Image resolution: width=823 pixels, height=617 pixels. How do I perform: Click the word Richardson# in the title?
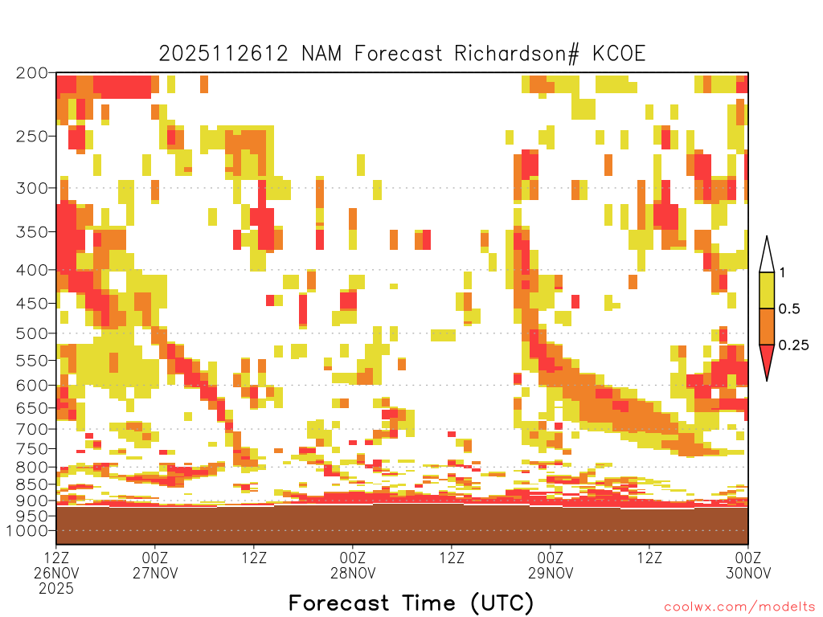pos(517,54)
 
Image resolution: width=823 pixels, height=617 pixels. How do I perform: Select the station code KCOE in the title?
pos(619,54)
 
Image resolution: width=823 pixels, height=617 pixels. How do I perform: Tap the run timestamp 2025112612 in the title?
pos(223,54)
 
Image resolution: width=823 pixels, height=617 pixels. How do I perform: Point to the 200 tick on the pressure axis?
pos(32,73)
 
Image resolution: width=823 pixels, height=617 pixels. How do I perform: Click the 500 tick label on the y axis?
pos(32,333)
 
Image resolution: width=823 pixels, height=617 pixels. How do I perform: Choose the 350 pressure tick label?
pos(32,231)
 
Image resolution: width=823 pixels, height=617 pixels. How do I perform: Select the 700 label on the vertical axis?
pos(32,429)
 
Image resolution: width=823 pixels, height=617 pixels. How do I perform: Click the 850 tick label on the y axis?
pos(32,484)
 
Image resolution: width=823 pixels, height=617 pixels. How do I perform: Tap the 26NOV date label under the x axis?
pos(56,573)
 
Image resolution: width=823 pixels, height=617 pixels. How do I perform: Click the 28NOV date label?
pos(353,573)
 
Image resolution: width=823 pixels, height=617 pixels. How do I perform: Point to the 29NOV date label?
pos(551,573)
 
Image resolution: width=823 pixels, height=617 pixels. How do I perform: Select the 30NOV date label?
pos(748,573)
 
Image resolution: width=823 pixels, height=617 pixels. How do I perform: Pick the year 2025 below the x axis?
pos(56,589)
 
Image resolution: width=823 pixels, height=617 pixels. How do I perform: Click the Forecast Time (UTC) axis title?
pos(411,603)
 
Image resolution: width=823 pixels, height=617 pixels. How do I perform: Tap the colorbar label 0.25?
pos(793,345)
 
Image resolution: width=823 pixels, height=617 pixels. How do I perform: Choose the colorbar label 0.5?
pos(789,309)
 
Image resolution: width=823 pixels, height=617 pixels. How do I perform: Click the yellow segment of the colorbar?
pos(767,290)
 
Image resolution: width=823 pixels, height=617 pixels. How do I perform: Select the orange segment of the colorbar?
pos(767,326)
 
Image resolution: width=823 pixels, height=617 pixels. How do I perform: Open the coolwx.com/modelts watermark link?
pos(739,607)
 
